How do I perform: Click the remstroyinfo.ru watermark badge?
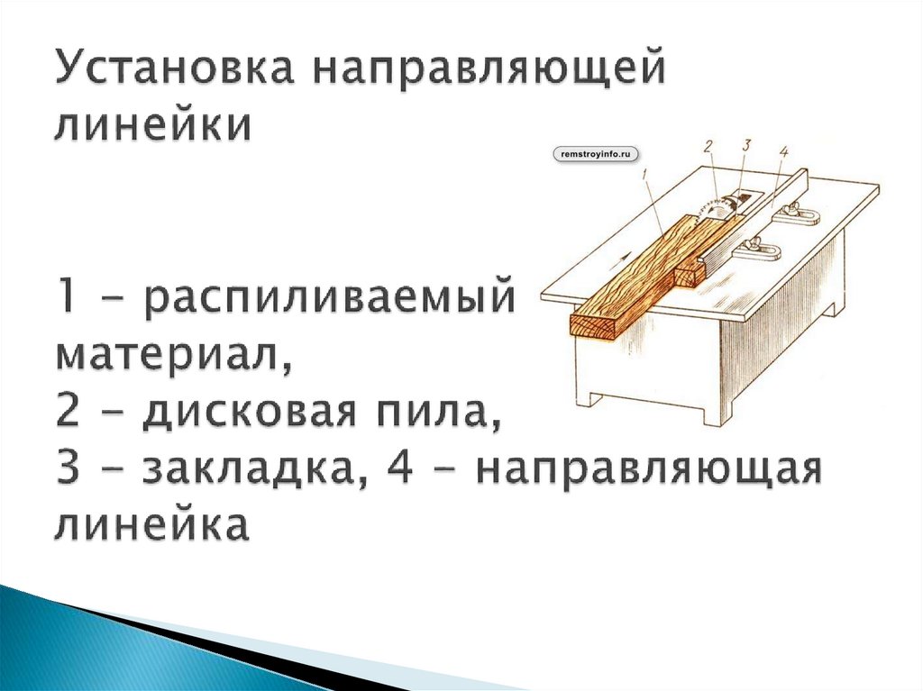point(593,155)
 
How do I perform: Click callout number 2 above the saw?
point(709,145)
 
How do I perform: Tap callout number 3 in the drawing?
point(745,145)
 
